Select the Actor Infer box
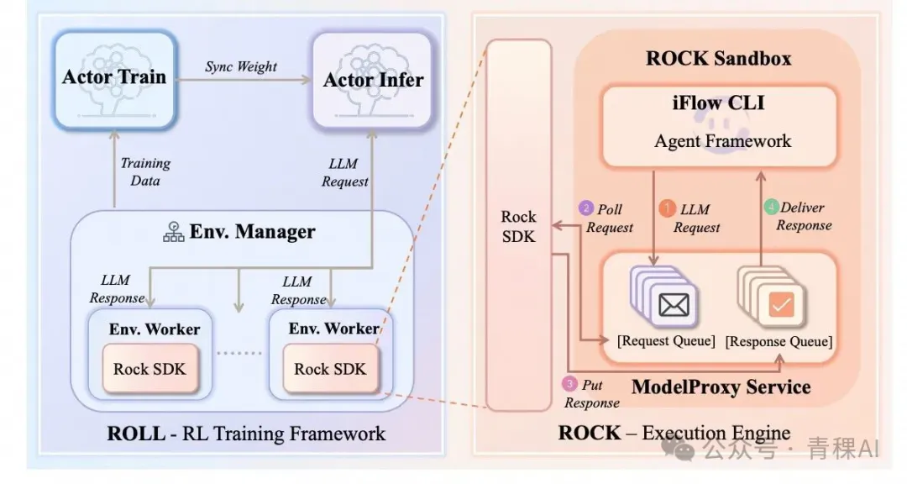373,81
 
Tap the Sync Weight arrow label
241,66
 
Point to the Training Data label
144,171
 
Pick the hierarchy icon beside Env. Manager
173,232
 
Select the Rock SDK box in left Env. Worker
149,368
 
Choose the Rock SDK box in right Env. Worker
330,368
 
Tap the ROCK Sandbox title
718,58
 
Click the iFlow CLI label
722,104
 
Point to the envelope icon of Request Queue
674,305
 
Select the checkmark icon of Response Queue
781,307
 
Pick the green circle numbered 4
772,207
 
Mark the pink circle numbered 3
569,384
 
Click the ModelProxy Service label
721,387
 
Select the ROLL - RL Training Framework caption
246,434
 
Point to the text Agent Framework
722,140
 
